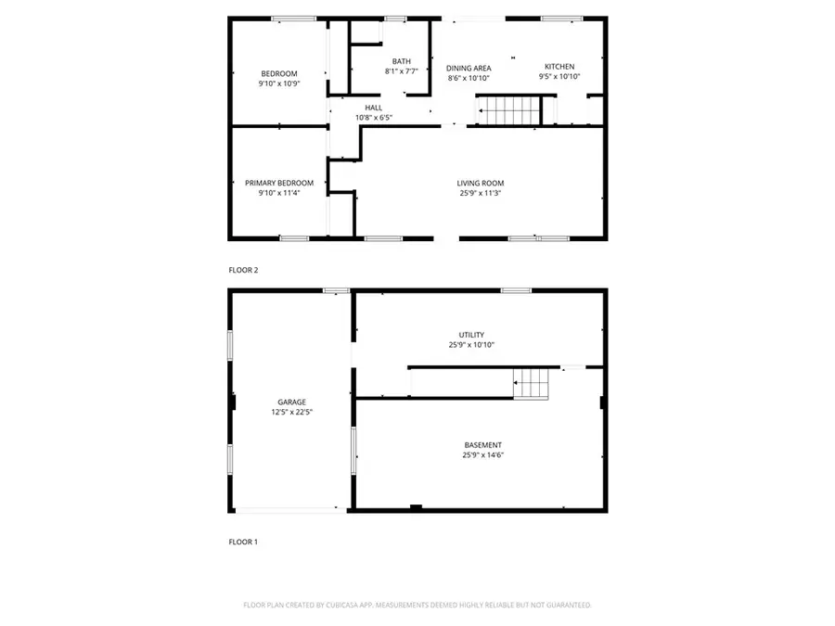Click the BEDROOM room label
coord(279,74)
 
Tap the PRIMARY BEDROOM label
coord(279,183)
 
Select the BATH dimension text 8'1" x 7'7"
coord(402,71)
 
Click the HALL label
coord(373,109)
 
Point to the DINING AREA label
coord(469,68)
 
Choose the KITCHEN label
coord(559,67)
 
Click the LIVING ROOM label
coord(481,183)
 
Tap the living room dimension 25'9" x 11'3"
coord(481,193)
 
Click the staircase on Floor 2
coord(508,110)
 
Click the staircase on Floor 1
coord(531,383)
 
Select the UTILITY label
coord(471,335)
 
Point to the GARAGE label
coord(292,402)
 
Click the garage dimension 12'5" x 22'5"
coord(292,412)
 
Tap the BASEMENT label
coord(483,445)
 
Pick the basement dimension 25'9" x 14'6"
coord(483,455)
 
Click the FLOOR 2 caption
coord(243,271)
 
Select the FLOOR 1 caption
coord(243,542)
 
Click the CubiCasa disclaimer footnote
coord(417,606)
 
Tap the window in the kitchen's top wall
coord(562,19)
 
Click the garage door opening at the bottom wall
coord(290,510)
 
